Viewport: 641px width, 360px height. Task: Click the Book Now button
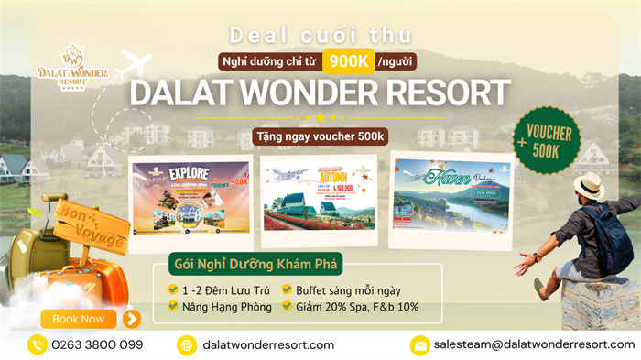coord(79,319)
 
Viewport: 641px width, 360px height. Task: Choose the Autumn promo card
coord(318,194)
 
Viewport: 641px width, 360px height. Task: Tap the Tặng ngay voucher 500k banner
coord(320,136)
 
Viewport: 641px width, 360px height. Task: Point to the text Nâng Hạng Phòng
coord(226,307)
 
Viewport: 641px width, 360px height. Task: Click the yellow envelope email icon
coord(419,345)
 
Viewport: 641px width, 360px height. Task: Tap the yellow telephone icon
coord(38,345)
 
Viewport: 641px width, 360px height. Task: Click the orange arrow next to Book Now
coord(132,319)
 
